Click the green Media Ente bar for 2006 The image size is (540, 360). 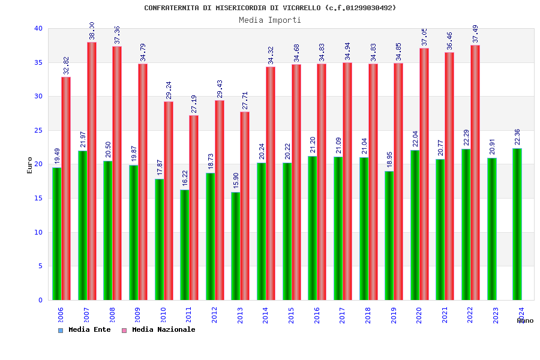[x=56, y=234]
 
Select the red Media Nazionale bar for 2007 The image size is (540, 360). [x=92, y=171]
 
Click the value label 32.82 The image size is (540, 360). [x=67, y=65]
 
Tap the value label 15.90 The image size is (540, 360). [x=236, y=181]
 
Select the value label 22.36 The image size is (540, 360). [x=517, y=137]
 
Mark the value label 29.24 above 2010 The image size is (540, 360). [x=169, y=90]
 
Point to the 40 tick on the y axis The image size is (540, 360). [x=38, y=28]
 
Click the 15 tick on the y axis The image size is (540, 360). [x=38, y=198]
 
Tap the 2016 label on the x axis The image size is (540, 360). [x=317, y=315]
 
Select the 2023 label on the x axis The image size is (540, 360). [x=496, y=315]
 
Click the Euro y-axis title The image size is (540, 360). [x=30, y=165]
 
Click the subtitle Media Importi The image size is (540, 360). [x=270, y=20]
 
